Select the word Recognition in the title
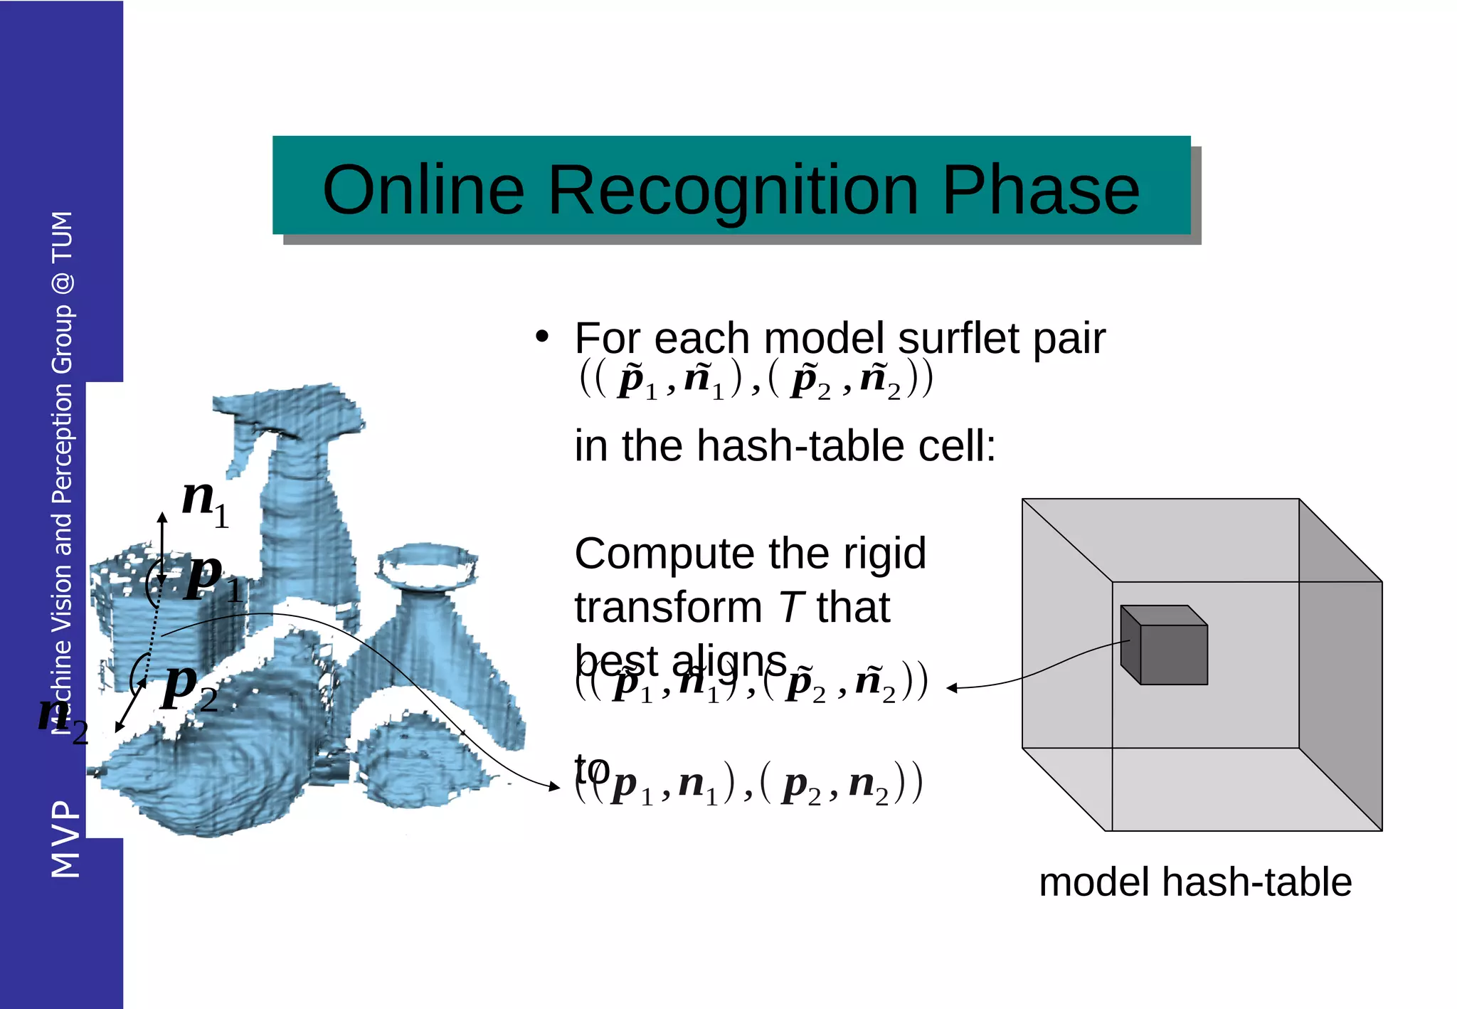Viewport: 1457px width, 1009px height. tap(733, 191)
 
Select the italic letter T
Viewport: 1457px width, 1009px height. tap(790, 608)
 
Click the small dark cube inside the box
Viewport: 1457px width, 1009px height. tap(1164, 645)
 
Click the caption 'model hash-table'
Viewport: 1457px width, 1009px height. tap(1194, 882)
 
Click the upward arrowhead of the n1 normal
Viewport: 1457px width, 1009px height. tap(162, 517)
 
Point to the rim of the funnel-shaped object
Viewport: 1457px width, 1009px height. tap(427, 566)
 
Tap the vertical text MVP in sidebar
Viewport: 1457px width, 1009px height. tap(65, 839)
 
